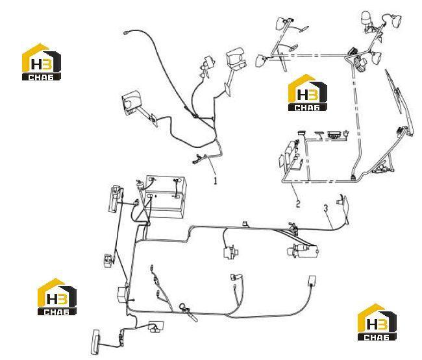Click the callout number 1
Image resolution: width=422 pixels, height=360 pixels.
click(x=215, y=180)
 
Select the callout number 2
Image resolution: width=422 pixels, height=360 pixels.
click(x=298, y=204)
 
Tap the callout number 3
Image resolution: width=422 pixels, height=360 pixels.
click(x=326, y=208)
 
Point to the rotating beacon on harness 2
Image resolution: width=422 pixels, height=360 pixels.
click(x=366, y=18)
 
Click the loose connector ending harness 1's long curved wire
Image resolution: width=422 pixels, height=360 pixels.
click(x=125, y=33)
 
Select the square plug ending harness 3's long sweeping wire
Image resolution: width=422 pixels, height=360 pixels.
click(x=312, y=280)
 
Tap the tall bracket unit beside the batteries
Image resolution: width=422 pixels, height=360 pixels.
click(x=115, y=198)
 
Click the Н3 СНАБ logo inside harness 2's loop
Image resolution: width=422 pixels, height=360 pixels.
click(x=307, y=93)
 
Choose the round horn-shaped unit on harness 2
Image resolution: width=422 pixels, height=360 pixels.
click(x=360, y=64)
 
